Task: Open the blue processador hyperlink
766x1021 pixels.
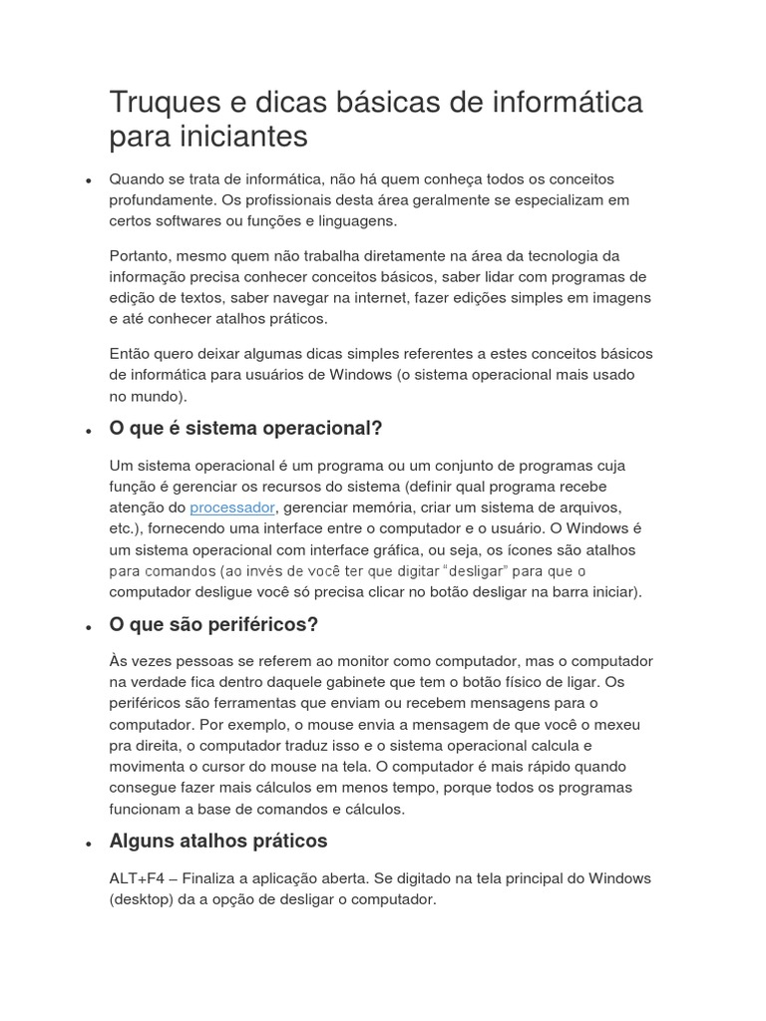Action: pos(231,508)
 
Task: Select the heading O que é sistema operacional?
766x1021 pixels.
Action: pos(245,429)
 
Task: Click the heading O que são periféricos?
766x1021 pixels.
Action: pos(213,625)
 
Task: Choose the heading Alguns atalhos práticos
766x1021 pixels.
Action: pos(217,842)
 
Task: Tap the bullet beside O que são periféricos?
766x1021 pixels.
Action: pos(89,627)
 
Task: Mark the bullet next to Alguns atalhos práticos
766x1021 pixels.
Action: pos(89,844)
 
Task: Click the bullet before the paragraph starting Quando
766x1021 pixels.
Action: pos(89,181)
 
